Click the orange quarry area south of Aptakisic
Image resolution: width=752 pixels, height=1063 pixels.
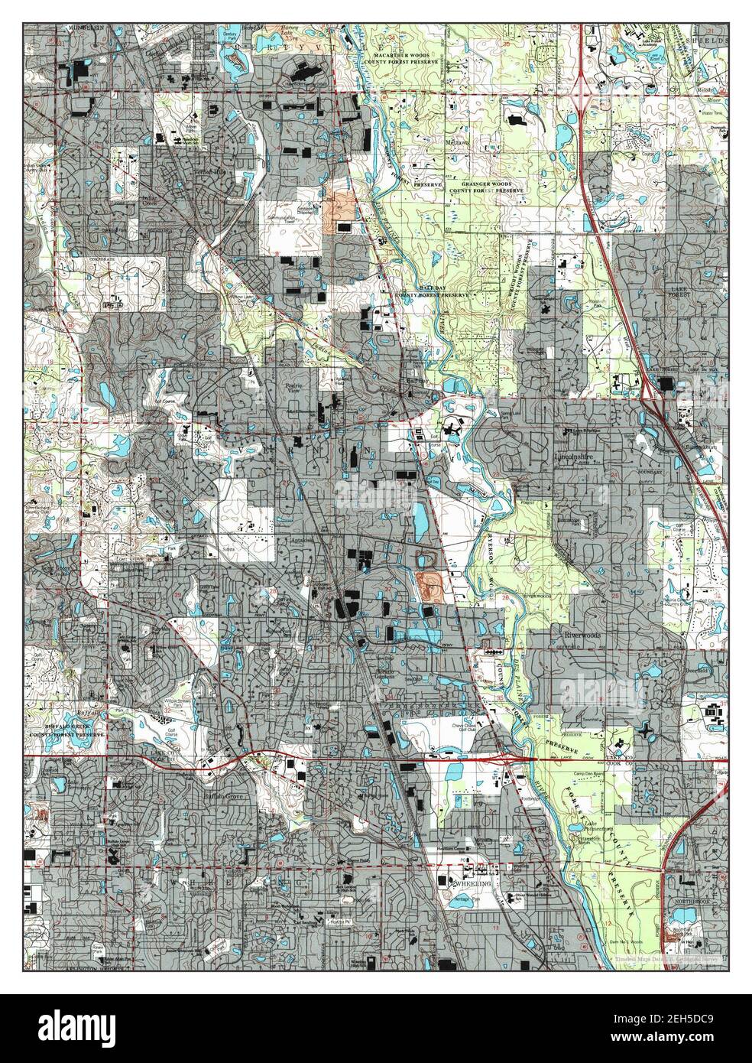(x=430, y=586)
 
